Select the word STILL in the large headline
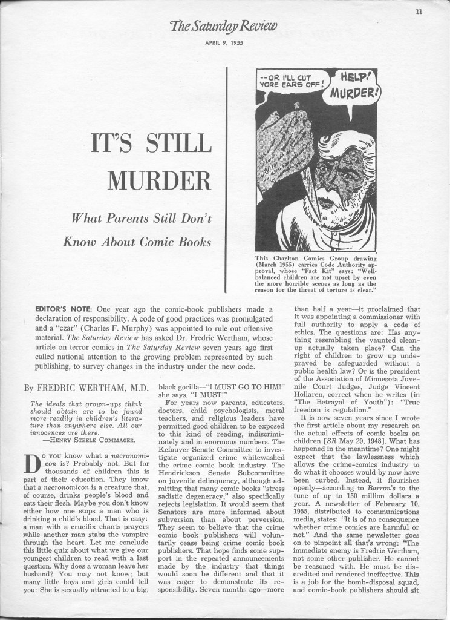click(x=178, y=145)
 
